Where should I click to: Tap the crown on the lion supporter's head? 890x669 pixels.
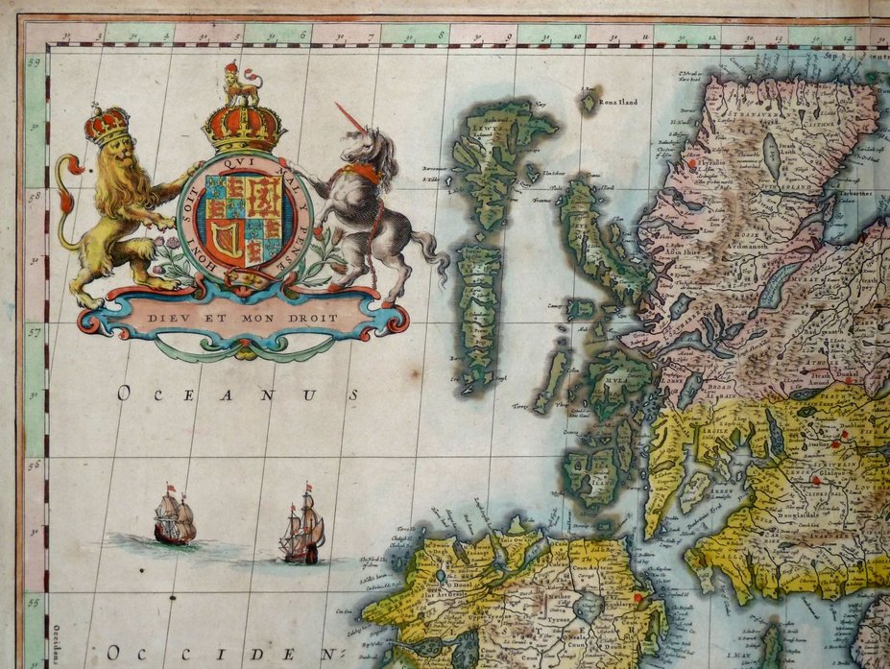107,125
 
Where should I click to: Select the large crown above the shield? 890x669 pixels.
243,128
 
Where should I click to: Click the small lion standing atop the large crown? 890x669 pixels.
242,84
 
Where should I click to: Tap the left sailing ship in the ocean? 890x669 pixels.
174,519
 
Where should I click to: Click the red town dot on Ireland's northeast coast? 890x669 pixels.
638,597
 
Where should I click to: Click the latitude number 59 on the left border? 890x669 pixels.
36,64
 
